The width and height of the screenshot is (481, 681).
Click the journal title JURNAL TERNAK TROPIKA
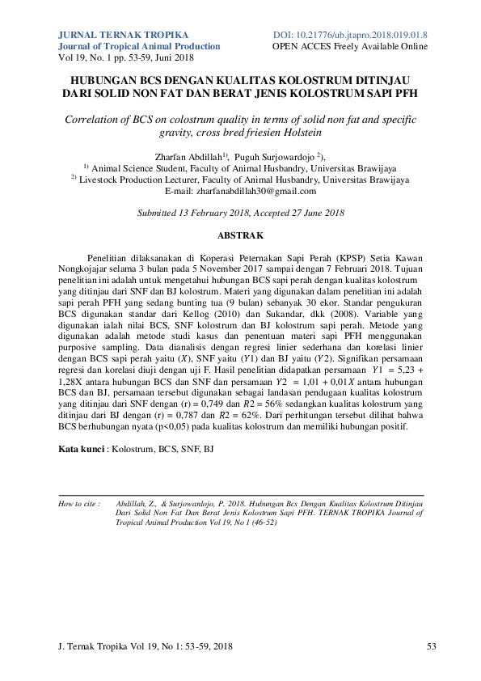point(124,36)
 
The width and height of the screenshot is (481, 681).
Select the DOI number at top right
point(350,36)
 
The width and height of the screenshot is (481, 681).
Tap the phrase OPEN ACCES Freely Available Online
point(350,47)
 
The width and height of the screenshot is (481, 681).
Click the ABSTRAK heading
point(241,235)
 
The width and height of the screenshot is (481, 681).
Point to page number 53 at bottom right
point(432,646)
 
